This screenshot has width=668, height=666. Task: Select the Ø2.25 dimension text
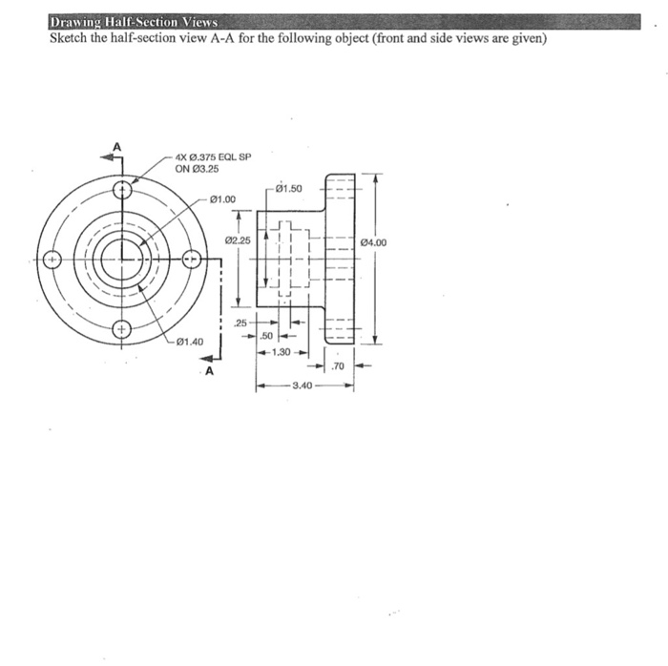click(x=238, y=240)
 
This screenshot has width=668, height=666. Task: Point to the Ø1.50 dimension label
click(x=287, y=188)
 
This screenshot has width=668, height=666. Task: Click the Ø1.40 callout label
click(x=189, y=342)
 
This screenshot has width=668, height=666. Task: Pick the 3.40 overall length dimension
click(x=303, y=385)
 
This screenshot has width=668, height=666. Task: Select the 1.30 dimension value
click(x=281, y=352)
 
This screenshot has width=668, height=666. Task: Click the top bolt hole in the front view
click(x=121, y=188)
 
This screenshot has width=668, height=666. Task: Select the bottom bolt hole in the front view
click(x=121, y=330)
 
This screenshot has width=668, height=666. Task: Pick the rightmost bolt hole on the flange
click(x=192, y=259)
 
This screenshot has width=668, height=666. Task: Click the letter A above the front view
click(x=118, y=146)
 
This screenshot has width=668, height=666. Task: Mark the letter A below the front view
click(x=206, y=371)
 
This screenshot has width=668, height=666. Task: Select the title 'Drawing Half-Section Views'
click(x=134, y=21)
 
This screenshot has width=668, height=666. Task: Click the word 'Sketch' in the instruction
click(x=69, y=39)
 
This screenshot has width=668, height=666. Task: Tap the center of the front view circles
click(x=121, y=259)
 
